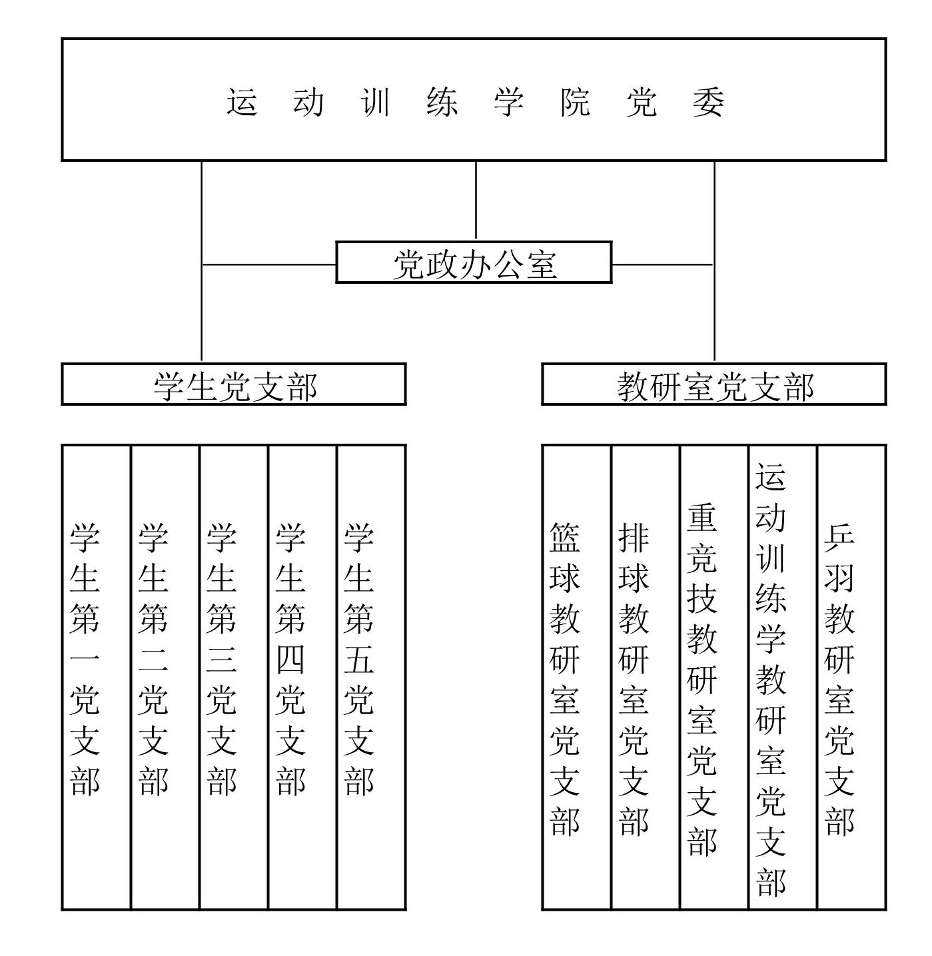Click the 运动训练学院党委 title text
[x=474, y=102]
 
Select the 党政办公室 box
[x=474, y=262]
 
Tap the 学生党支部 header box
[x=234, y=384]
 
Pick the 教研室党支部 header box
[x=714, y=384]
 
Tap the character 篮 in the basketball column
[x=564, y=537]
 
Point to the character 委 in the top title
[x=708, y=102]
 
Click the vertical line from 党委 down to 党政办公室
[x=476, y=201]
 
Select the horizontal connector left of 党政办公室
[x=269, y=264]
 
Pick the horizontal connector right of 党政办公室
[x=662, y=264]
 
